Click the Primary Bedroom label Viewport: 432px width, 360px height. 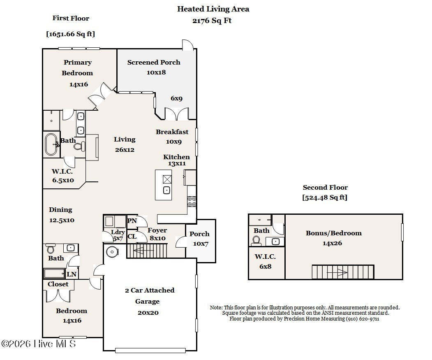(x=77, y=67)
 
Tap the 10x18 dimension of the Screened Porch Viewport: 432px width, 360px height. (x=156, y=72)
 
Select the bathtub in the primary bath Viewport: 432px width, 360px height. (x=51, y=144)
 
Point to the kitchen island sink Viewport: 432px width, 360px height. (x=166, y=190)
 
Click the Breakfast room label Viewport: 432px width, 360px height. (x=172, y=132)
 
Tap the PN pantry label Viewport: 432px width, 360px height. (x=132, y=221)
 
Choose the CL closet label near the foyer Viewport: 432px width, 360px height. (x=132, y=237)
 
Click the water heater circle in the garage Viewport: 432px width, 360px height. (x=112, y=252)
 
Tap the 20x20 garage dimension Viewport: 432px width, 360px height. (x=148, y=313)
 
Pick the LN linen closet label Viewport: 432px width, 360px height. (x=72, y=274)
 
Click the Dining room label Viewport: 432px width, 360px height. (x=60, y=210)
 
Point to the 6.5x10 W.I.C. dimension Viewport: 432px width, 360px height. (x=63, y=180)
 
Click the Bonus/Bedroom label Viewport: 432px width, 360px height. (x=334, y=233)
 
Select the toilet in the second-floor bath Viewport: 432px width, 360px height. (x=257, y=241)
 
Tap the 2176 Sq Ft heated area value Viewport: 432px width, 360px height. (x=212, y=21)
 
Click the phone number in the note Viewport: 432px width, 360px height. (x=363, y=319)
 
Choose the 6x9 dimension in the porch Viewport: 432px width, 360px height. (x=177, y=98)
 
